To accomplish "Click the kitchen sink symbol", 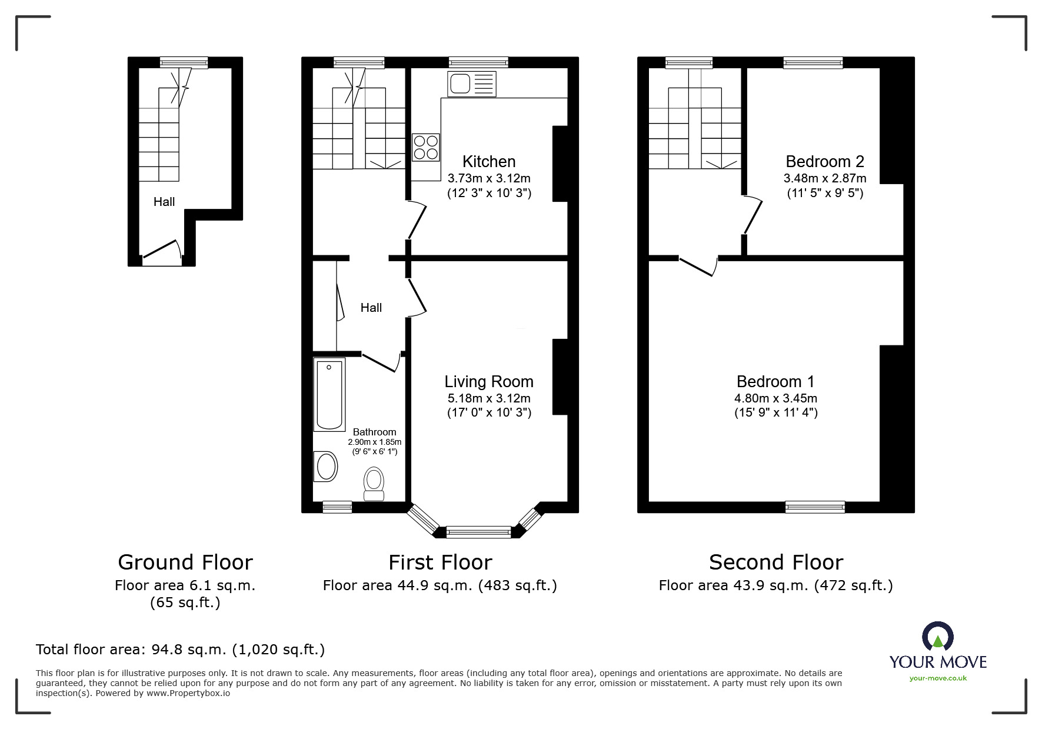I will pyautogui.click(x=472, y=84).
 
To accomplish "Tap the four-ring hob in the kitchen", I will pyautogui.click(x=426, y=147).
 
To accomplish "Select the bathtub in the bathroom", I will pyautogui.click(x=329, y=395).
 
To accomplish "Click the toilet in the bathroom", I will pyautogui.click(x=374, y=484).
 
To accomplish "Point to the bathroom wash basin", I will pyautogui.click(x=325, y=467).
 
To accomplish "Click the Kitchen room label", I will pyautogui.click(x=488, y=162).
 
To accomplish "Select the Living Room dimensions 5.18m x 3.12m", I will pyautogui.click(x=488, y=398).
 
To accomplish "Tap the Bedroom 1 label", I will pyautogui.click(x=775, y=382).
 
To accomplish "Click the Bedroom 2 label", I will pyautogui.click(x=824, y=162).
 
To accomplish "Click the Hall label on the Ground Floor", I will pyautogui.click(x=164, y=202).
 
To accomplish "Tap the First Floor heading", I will pyautogui.click(x=440, y=562).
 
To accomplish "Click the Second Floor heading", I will pyautogui.click(x=775, y=562).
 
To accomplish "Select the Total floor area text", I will pyautogui.click(x=180, y=650).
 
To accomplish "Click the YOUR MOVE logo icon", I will pyautogui.click(x=937, y=637).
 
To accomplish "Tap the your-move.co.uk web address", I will pyautogui.click(x=938, y=678).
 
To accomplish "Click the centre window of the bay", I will pyautogui.click(x=478, y=532).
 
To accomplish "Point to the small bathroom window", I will pyautogui.click(x=337, y=507).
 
